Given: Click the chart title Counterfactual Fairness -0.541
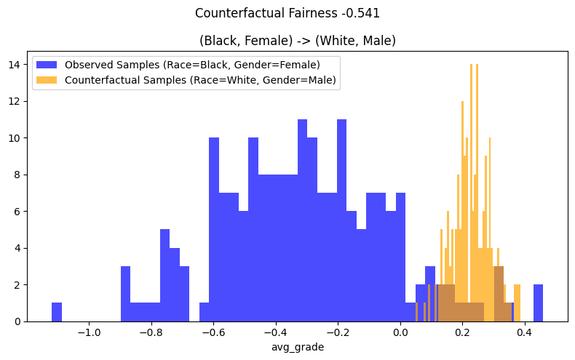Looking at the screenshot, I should point(287,13).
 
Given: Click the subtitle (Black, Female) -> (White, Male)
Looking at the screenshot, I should point(297,41).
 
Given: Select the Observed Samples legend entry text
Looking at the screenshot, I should point(192,64).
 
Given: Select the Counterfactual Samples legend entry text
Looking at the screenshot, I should point(200,80).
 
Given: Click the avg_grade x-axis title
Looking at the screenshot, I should point(297,347).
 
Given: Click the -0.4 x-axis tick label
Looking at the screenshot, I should point(276,332).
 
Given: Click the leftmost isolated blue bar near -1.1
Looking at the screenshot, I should point(57,312).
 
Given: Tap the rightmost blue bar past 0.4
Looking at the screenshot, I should point(538,303).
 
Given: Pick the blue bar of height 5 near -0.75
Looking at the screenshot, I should point(164,276).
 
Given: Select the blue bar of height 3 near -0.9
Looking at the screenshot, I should point(125,295).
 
